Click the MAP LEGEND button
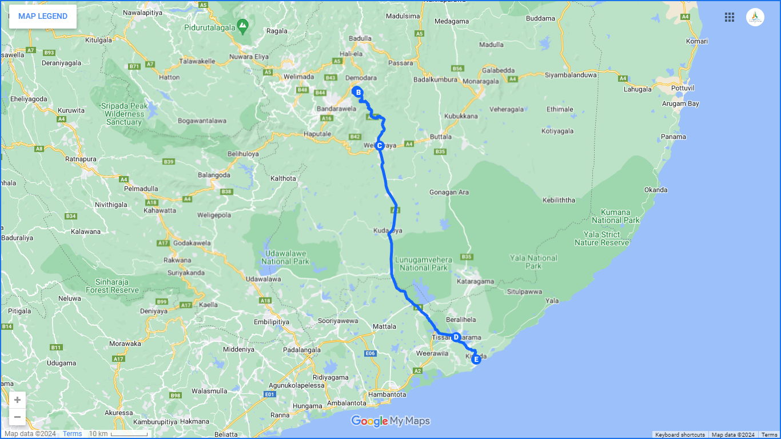pos(43,16)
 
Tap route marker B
pos(357,92)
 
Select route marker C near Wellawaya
pos(379,145)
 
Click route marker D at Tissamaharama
pos(456,337)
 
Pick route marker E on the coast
pos(476,359)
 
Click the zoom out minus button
pos(17,417)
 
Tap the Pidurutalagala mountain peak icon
pos(243,25)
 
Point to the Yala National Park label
pos(533,262)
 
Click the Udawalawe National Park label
pos(285,257)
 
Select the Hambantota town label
pos(387,394)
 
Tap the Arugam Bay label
pos(680,104)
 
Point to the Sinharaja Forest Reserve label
pos(113,286)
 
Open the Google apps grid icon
pos(730,17)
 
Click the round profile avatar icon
pos(755,17)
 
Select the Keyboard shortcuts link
pos(680,435)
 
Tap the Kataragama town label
pos(476,281)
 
